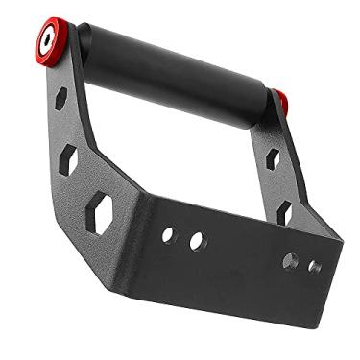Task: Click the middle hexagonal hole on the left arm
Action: click(x=69, y=159)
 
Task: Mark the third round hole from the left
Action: click(x=290, y=260)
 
